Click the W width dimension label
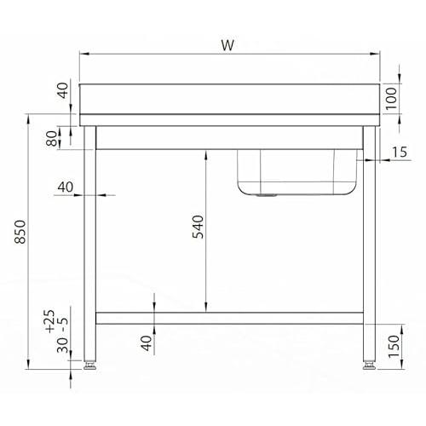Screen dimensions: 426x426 click(227, 45)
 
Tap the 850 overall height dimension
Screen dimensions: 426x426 click(20, 232)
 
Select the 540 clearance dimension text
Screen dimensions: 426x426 click(198, 227)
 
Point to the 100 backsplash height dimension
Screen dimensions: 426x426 click(391, 98)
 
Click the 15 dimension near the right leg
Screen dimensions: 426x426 click(400, 152)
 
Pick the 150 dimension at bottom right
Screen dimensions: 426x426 click(394, 347)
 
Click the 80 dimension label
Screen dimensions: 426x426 click(52, 138)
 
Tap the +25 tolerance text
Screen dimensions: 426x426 click(49, 321)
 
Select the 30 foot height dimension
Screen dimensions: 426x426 click(62, 345)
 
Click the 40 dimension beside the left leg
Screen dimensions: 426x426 click(66, 187)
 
